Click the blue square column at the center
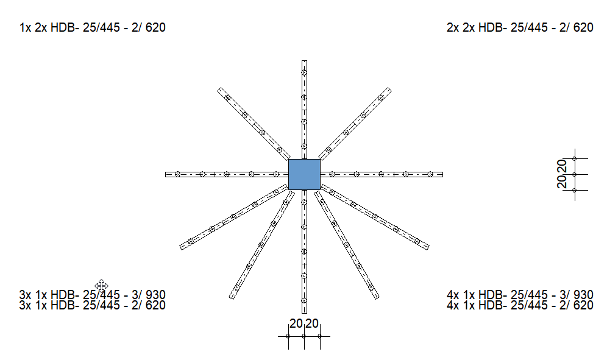pyautogui.click(x=304, y=174)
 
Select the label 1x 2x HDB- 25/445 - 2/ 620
pyautogui.click(x=93, y=27)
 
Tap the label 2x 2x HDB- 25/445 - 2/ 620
pyautogui.click(x=520, y=27)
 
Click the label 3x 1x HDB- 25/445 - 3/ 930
pyautogui.click(x=93, y=295)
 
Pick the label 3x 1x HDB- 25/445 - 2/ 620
pyautogui.click(x=93, y=305)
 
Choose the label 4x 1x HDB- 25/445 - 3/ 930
pyautogui.click(x=520, y=295)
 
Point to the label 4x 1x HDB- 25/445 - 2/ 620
pyautogui.click(x=520, y=305)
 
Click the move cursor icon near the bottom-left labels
pyautogui.click(x=101, y=286)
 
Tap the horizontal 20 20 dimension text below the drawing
pyautogui.click(x=304, y=323)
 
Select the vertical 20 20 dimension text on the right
pyautogui.click(x=562, y=174)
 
